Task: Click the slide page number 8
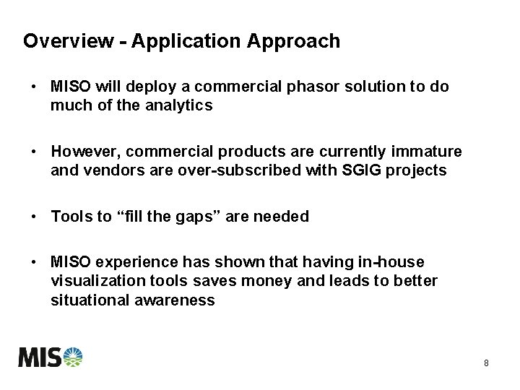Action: click(x=486, y=363)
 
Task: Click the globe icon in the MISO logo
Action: click(x=73, y=357)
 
